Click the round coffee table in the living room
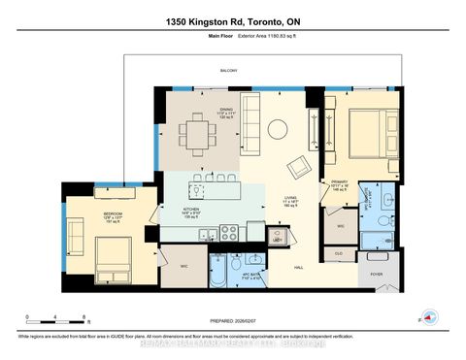coord(277,128)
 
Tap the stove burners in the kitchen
coord(230,233)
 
